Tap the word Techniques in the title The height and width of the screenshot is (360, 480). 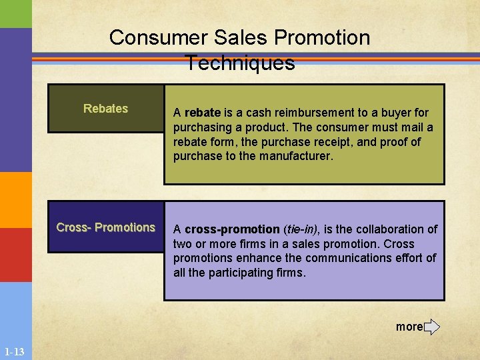240,63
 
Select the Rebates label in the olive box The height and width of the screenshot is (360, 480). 105,109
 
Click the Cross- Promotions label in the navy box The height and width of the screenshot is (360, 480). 105,227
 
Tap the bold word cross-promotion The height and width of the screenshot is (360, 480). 232,229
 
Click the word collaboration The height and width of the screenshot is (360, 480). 388,229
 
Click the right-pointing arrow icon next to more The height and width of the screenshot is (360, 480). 432,327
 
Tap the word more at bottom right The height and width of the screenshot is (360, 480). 409,327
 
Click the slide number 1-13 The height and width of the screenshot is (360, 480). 14,351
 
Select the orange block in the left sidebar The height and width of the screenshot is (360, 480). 15,200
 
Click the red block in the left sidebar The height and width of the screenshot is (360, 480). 15,255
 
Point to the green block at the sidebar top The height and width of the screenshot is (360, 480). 15,13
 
